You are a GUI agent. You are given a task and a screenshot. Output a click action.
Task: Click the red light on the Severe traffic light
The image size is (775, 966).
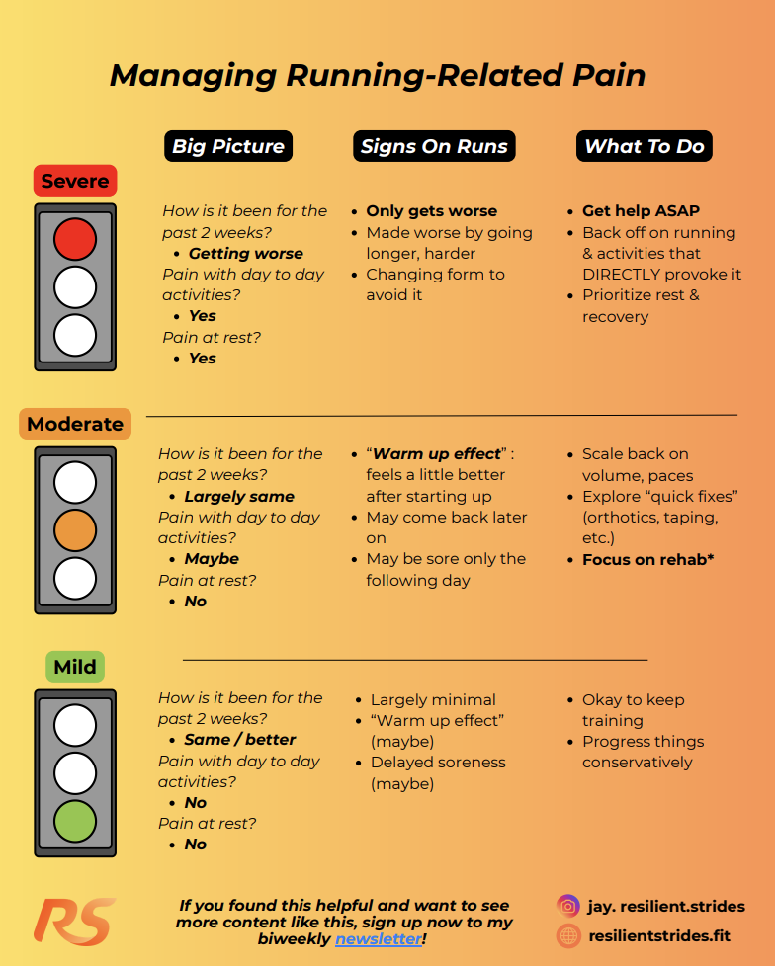pos(74,239)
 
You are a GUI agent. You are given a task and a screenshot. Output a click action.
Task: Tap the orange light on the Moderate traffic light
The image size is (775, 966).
pos(74,530)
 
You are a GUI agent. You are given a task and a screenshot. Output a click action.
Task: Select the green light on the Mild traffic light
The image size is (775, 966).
pos(74,821)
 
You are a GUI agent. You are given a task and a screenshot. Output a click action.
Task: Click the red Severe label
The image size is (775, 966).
pos(75,181)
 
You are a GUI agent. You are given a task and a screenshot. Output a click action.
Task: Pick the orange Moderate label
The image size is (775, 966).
pos(75,424)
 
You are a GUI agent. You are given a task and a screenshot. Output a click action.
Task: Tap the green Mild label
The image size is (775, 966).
pos(75,667)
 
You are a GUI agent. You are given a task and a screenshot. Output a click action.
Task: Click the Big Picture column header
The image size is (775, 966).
pos(228,146)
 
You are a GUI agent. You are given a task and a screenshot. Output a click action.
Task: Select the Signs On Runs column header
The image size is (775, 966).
pos(434,146)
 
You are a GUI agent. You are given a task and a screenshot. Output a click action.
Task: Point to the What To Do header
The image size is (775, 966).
pos(645,146)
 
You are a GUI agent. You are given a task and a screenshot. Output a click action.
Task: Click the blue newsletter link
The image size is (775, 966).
pos(379,939)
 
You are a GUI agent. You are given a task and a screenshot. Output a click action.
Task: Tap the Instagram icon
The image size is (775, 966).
pos(567,906)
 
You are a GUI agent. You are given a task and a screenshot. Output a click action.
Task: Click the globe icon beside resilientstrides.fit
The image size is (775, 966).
pos(567,935)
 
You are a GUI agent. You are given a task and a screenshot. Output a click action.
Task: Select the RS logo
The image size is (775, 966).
pos(74,922)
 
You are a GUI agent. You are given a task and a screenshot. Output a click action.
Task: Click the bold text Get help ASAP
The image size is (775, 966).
pos(642,210)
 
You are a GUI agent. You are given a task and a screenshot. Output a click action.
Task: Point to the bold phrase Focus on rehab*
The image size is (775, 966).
pos(648,559)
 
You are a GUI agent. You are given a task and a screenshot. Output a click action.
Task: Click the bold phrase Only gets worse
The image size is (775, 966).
pos(432,210)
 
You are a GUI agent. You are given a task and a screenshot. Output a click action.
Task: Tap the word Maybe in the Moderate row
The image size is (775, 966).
pos(212,559)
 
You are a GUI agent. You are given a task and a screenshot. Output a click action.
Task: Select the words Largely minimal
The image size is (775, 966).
pos(433,700)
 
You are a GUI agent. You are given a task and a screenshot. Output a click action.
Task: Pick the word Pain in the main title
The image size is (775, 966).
pos(609,75)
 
